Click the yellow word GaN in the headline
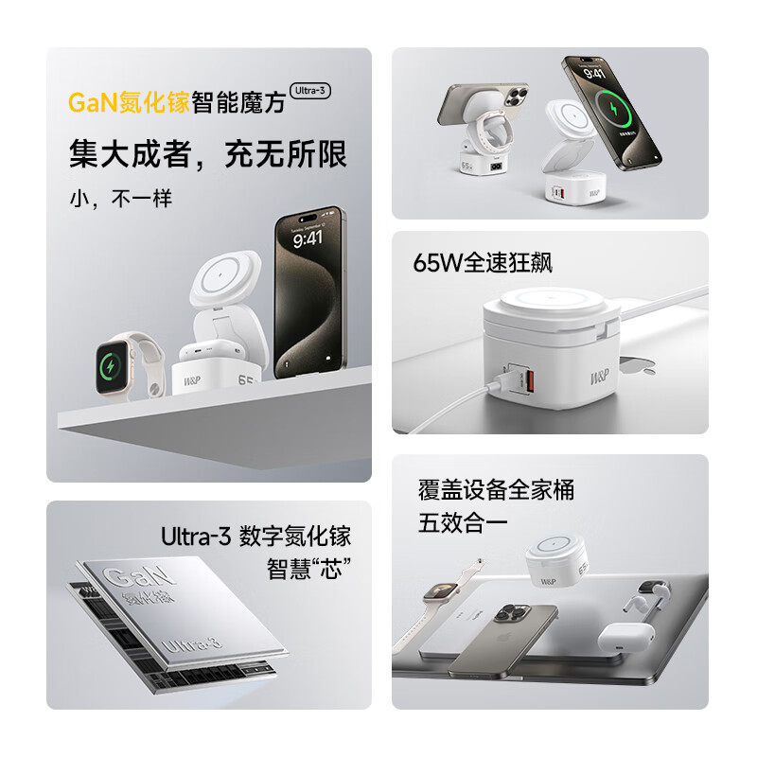click(89, 102)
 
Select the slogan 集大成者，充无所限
click(208, 154)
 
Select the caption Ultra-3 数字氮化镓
click(255, 537)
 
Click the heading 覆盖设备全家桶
click(497, 490)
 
